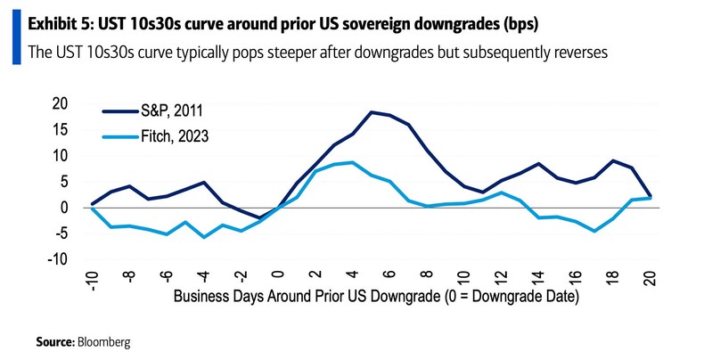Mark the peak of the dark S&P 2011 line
pos(371,112)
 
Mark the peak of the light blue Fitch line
pos(352,162)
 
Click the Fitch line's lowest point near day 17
pos(593,231)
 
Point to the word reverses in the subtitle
pos(576,52)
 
